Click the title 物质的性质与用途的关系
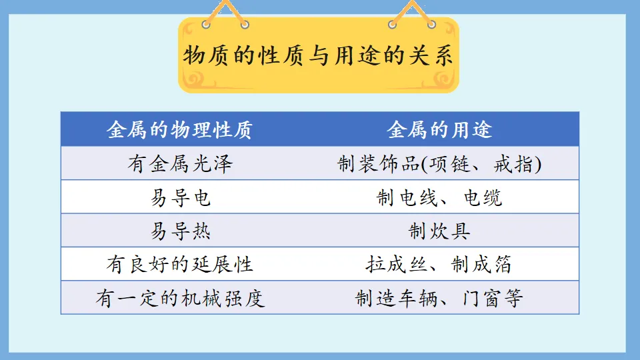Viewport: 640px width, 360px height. point(318,56)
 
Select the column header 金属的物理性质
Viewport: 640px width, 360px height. point(179,129)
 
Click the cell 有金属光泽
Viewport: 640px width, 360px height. point(179,163)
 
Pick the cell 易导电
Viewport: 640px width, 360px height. point(179,197)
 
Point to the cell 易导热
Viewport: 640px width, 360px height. point(179,231)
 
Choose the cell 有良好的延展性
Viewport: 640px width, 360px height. point(179,264)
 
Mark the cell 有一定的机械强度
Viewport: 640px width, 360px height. point(179,297)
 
